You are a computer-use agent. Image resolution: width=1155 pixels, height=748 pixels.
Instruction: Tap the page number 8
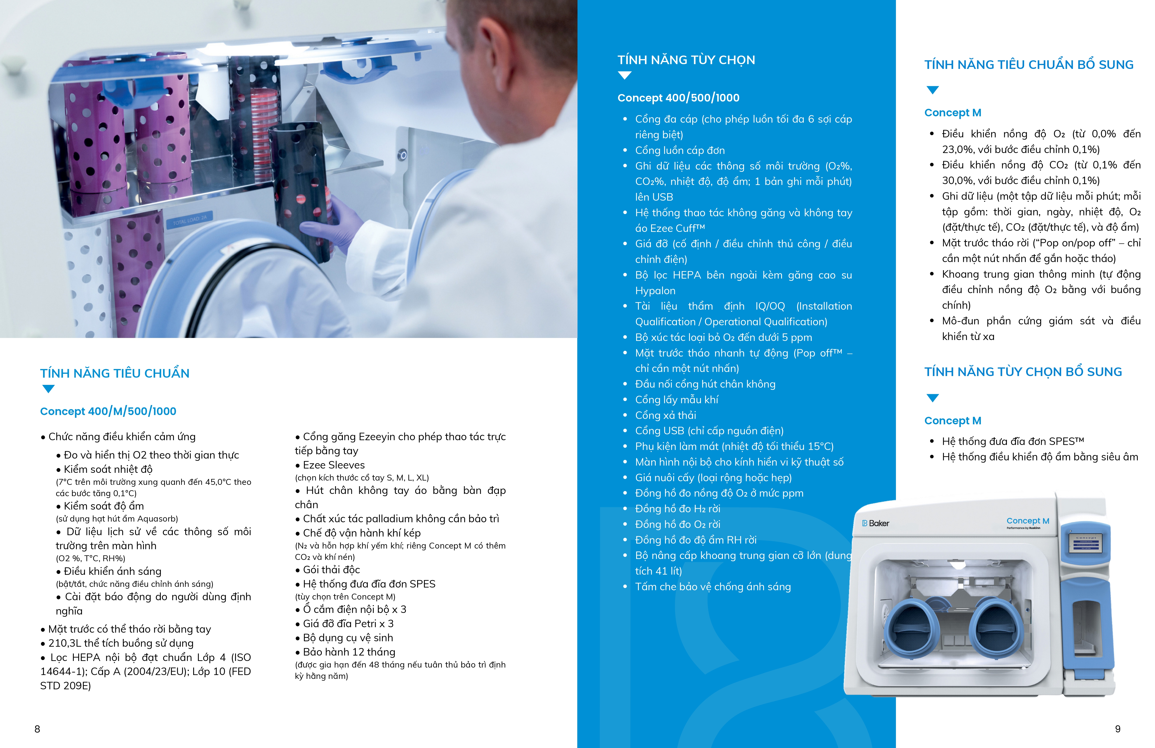pos(37,729)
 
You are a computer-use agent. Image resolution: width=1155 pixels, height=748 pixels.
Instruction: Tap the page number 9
pos(1118,729)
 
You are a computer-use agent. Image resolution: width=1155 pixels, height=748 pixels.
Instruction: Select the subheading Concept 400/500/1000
pos(678,98)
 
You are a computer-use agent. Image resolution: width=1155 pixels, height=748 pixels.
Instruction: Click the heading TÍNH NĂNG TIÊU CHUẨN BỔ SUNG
pos(1029,65)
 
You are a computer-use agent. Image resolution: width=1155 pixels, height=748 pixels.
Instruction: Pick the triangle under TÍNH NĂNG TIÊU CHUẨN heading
pos(48,389)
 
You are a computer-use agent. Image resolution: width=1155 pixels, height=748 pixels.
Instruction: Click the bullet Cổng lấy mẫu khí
pos(676,400)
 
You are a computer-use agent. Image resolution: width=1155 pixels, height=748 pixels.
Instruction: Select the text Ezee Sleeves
pos(334,465)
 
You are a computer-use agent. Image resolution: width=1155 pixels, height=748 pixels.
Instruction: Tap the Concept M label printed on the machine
pos(1028,521)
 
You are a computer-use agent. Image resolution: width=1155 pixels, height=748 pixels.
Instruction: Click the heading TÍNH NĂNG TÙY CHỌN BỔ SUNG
pos(1023,372)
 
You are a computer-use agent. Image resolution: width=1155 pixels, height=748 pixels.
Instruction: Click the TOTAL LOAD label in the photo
pos(190,220)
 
